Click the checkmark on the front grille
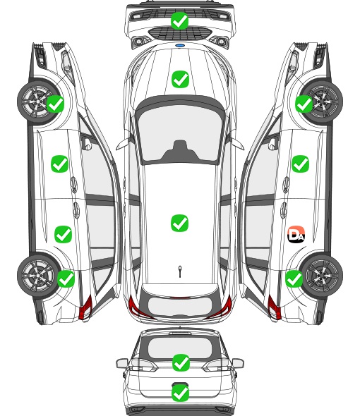[179, 20]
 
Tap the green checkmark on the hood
[180, 79]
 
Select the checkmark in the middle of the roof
[179, 223]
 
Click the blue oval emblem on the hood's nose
[180, 46]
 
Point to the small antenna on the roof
[180, 271]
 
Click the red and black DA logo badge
[296, 234]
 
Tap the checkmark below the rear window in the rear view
[181, 362]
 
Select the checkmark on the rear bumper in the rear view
[180, 393]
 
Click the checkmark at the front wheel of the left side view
[55, 104]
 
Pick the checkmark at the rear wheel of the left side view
[66, 279]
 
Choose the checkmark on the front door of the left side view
[59, 164]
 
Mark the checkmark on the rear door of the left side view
[64, 234]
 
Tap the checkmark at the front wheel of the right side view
[304, 104]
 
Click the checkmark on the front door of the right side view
[300, 164]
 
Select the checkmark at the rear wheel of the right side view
[294, 279]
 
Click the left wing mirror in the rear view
[122, 363]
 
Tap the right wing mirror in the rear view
[238, 363]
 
